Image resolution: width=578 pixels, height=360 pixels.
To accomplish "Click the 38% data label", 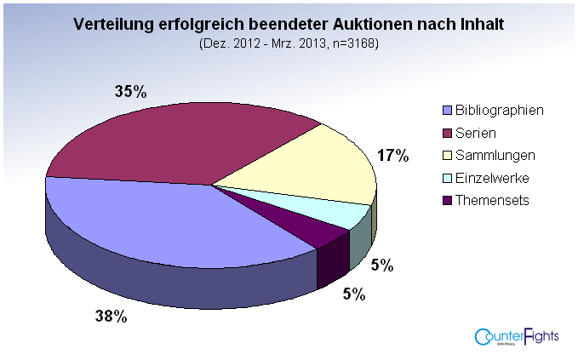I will pyautogui.click(x=111, y=317).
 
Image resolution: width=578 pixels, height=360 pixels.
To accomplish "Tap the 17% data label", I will pyautogui.click(x=392, y=155).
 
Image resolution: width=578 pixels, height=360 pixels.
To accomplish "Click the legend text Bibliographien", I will pyautogui.click(x=499, y=111).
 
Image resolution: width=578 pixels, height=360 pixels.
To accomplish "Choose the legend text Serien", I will pyautogui.click(x=476, y=133).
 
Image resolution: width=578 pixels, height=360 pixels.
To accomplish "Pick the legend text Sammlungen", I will pyautogui.click(x=495, y=155).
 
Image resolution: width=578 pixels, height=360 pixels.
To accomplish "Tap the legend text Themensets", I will pyautogui.click(x=492, y=200).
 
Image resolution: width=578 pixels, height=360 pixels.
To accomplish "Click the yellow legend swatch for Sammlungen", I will pyautogui.click(x=447, y=156).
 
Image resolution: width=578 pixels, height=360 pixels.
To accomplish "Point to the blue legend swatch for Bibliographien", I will pyautogui.click(x=447, y=111).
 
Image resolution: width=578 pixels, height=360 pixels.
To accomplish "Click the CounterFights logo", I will pyautogui.click(x=517, y=337).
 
